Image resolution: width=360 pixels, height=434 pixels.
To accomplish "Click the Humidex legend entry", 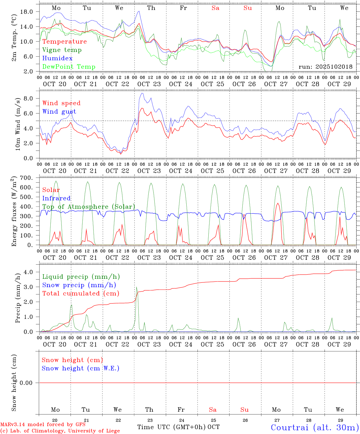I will pyautogui.click(x=57, y=58).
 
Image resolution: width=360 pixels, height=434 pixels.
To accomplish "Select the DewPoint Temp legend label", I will pyautogui.click(x=69, y=67).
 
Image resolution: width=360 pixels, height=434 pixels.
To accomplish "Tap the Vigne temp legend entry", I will pyautogui.click(x=62, y=50).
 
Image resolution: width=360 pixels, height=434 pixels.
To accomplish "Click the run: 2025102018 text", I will pyautogui.click(x=325, y=67).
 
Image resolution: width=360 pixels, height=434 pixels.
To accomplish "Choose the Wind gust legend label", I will pyautogui.click(x=59, y=112).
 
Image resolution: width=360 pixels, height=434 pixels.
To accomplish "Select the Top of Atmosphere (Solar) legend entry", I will pyautogui.click(x=89, y=207).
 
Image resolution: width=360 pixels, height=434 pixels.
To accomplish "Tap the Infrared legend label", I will pyautogui.click(x=56, y=198).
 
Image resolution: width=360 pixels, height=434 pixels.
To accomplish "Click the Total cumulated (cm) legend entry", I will pyautogui.click(x=81, y=294).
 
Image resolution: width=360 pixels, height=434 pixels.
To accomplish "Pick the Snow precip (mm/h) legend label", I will pyautogui.click(x=79, y=285).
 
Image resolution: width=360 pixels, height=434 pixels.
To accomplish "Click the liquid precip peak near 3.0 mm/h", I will pyautogui.click(x=136, y=287).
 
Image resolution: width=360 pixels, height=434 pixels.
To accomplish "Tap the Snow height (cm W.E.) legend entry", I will pyautogui.click(x=81, y=368).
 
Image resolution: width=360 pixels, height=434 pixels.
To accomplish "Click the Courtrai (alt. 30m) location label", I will pyautogui.click(x=314, y=427).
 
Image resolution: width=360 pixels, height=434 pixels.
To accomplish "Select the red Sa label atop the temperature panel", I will pyautogui.click(x=215, y=8).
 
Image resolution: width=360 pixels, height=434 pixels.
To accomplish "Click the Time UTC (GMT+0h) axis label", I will pyautogui.click(x=172, y=427).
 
